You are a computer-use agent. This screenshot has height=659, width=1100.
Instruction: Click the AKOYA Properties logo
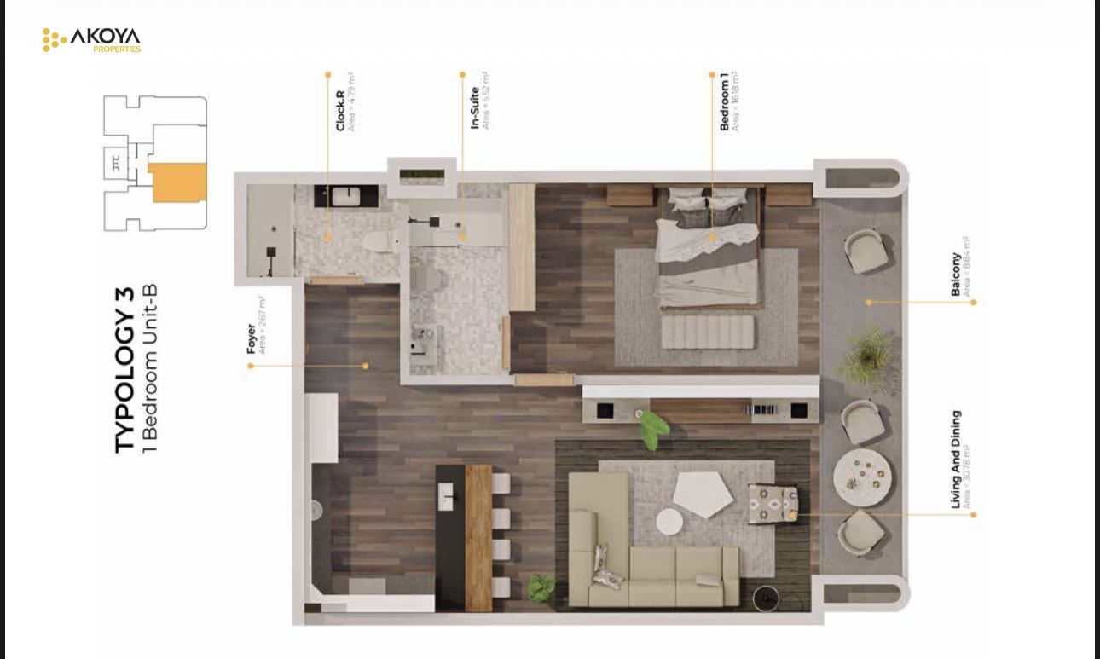(92, 39)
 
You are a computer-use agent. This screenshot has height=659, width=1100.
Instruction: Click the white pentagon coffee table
(703, 494)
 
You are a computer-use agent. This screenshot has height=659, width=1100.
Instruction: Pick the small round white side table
(669, 522)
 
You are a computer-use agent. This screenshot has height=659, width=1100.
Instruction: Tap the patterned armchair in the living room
(773, 505)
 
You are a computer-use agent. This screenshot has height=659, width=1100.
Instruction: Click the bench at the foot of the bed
(707, 332)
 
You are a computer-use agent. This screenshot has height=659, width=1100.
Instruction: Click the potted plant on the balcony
(866, 356)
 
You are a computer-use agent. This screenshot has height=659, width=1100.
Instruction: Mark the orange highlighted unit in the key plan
(178, 182)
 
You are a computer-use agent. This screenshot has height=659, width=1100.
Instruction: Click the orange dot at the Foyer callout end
(251, 366)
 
